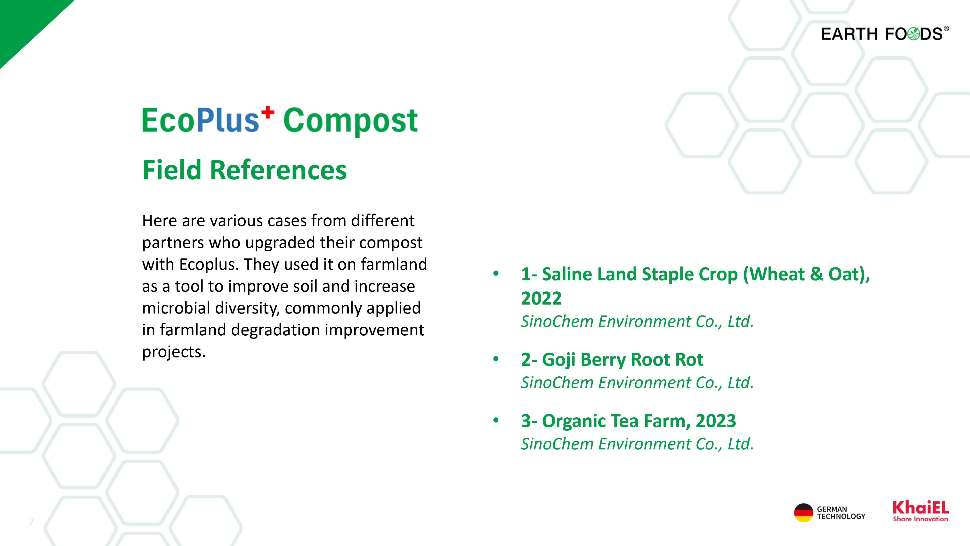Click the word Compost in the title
tap(350, 121)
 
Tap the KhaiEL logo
tap(920, 511)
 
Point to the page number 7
tap(31, 522)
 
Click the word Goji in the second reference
tap(558, 360)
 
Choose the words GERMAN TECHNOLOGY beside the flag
tap(841, 513)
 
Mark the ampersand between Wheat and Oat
tap(816, 274)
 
